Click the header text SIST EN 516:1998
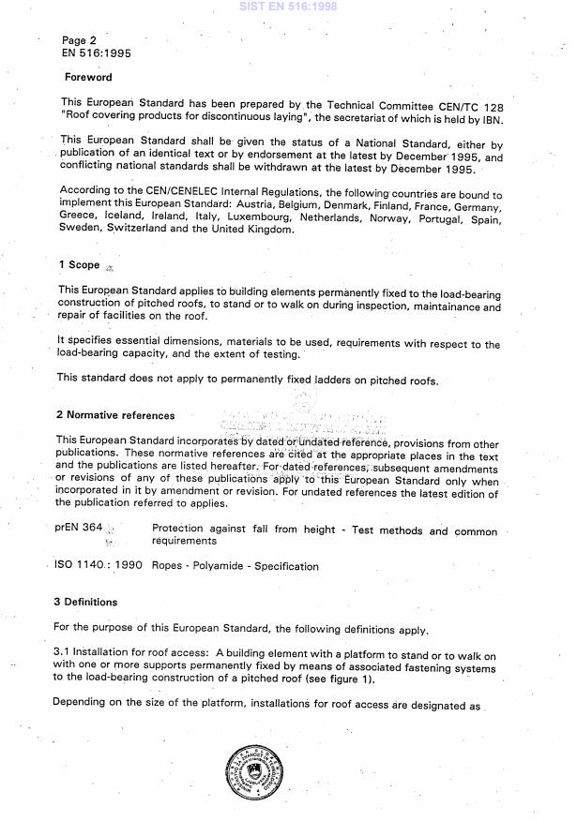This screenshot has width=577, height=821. point(288,7)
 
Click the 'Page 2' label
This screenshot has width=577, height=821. point(79,40)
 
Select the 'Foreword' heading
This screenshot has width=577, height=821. point(87,78)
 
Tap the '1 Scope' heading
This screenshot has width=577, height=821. point(79,265)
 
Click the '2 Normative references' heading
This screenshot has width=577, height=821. point(114,415)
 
